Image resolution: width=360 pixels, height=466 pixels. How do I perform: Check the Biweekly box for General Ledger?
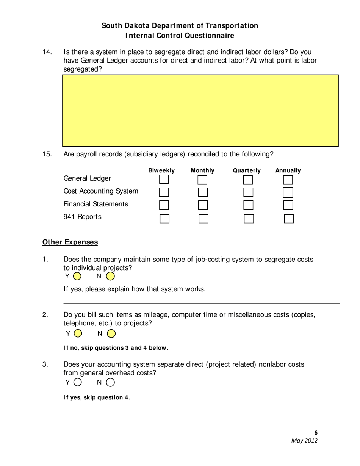click(x=164, y=179)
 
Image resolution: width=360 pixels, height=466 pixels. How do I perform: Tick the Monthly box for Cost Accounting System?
click(x=203, y=192)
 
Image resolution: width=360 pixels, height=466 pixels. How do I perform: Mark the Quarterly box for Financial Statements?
click(x=248, y=205)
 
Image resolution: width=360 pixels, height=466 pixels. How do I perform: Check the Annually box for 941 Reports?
click(x=289, y=219)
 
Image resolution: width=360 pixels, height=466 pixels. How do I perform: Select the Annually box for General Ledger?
click(x=288, y=179)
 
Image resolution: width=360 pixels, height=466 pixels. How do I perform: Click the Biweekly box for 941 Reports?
click(x=164, y=219)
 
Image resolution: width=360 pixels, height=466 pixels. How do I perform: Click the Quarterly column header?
click(x=247, y=170)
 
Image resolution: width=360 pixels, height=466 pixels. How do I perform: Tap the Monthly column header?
click(x=202, y=170)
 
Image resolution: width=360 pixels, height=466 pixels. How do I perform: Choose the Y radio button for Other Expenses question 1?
click(x=77, y=276)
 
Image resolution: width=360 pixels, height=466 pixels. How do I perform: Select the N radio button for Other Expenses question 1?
click(x=110, y=276)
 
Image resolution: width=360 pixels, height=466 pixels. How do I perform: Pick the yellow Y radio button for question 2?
click(x=78, y=333)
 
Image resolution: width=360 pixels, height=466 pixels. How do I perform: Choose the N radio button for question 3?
click(x=110, y=382)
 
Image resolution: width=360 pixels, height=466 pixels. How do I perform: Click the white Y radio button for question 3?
click(x=78, y=382)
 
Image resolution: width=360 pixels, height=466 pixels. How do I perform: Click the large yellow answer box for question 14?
click(x=200, y=110)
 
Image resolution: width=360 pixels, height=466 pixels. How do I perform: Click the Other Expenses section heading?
click(x=70, y=242)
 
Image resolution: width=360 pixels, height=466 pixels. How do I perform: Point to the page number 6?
click(x=316, y=433)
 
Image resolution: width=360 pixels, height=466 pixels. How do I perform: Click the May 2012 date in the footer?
click(x=304, y=441)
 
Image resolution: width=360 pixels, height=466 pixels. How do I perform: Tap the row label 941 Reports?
click(x=82, y=217)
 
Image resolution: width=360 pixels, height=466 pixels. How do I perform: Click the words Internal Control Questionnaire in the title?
click(x=180, y=36)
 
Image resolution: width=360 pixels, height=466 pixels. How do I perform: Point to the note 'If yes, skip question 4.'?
click(x=97, y=397)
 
